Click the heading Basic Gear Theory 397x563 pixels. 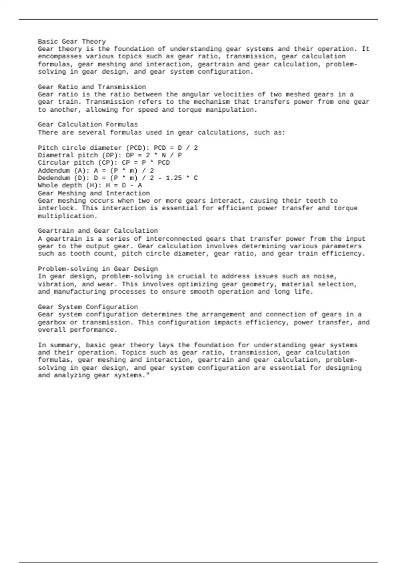72,41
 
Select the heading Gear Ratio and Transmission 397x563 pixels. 92,87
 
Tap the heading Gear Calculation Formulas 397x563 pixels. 88,125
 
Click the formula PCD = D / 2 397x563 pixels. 176,148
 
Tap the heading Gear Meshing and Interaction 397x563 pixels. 94,193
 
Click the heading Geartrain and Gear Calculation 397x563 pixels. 98,231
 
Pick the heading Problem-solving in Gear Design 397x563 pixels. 98,269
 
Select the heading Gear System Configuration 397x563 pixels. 88,307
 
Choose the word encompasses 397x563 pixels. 60,56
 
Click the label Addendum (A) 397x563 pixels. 62,170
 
